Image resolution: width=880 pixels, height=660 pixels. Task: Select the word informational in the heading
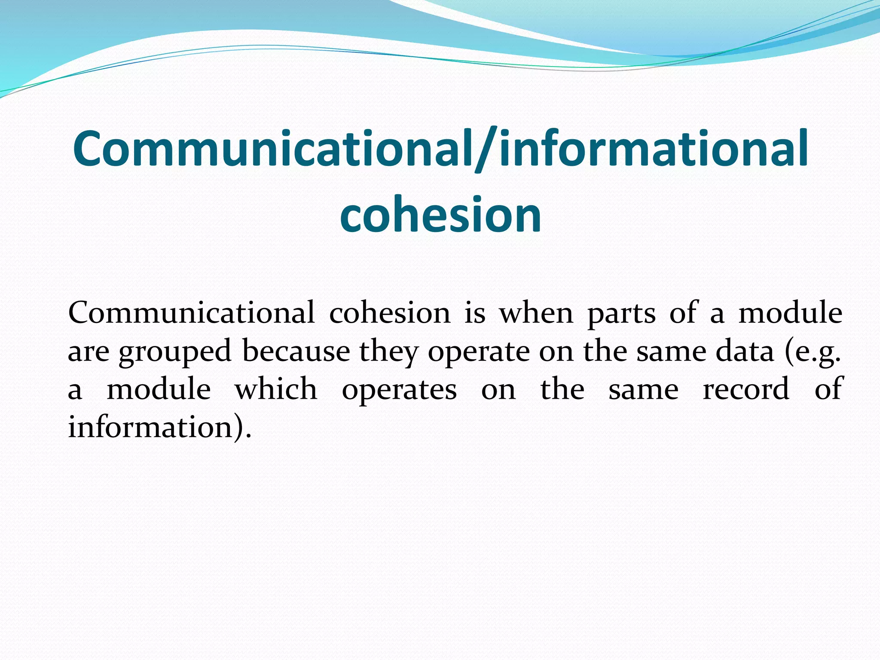653,149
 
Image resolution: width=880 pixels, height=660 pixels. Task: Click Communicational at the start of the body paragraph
191,313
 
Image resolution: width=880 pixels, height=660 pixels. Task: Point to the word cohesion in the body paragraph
389,313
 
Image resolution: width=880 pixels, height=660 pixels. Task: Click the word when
536,313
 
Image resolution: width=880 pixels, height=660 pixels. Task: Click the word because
296,351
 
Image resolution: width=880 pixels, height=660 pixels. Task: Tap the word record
746,389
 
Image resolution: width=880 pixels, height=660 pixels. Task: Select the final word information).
159,427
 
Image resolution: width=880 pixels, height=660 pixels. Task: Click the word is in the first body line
475,313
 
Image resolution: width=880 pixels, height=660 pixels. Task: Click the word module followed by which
159,389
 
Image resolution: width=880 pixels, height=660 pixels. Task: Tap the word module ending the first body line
790,313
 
